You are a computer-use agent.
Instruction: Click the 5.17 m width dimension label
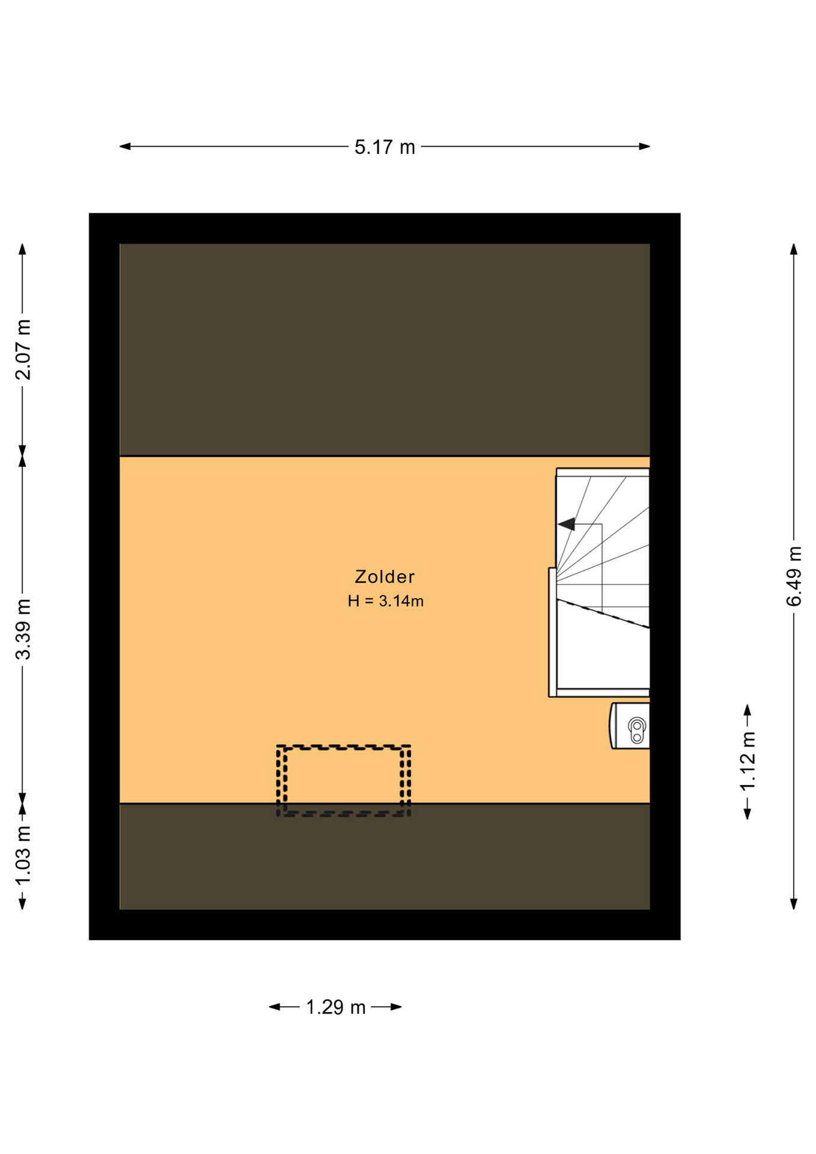(385, 147)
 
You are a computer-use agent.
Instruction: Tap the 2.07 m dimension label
(23, 350)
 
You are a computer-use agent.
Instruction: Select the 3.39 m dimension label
(23, 629)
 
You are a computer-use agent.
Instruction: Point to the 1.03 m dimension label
(23, 856)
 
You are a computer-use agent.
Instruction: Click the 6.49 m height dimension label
(794, 576)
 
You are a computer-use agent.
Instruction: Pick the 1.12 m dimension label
(747, 762)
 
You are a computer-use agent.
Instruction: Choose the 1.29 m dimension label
(336, 1007)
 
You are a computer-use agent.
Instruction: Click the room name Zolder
(385, 577)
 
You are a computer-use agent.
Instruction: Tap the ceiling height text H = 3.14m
(386, 601)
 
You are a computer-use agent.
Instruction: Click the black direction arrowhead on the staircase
(567, 524)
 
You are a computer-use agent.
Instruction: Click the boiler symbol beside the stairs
(630, 725)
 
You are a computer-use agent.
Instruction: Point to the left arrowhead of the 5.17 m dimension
(125, 146)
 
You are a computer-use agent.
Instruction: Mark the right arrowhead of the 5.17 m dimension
(645, 146)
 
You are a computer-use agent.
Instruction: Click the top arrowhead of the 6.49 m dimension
(794, 249)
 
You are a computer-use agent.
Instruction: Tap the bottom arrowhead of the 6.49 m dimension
(794, 904)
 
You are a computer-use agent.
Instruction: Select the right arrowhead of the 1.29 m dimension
(396, 1007)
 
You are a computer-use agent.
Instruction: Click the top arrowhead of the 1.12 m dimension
(747, 710)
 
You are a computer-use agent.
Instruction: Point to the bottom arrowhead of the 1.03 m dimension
(23, 904)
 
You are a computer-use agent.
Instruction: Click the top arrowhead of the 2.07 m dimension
(23, 249)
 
